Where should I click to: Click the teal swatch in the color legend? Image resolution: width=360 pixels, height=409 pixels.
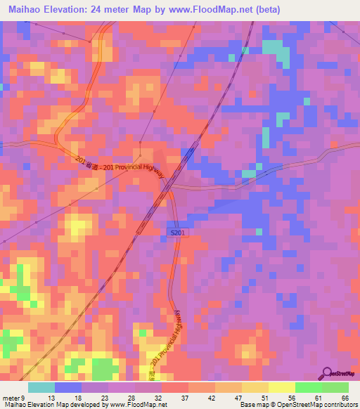[41, 387]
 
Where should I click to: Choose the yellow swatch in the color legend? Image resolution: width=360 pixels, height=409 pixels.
[281, 387]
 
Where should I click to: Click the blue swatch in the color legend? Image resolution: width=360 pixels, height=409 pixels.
[68, 387]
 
